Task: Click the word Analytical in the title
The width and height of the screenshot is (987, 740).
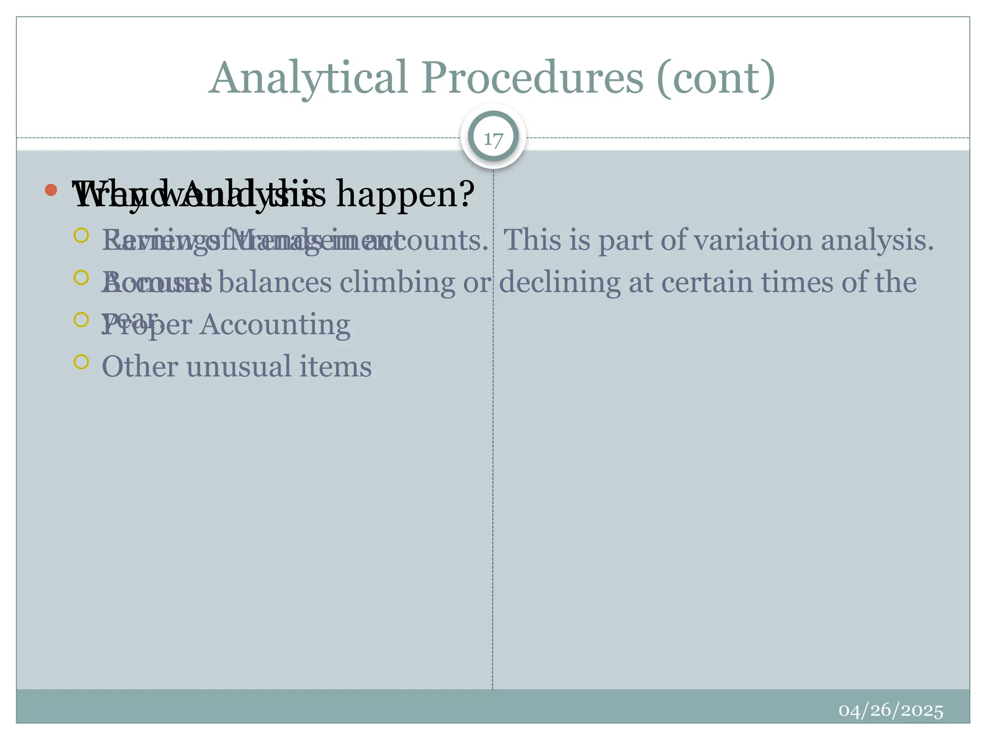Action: click(x=309, y=78)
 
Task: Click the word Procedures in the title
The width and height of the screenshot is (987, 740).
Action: click(x=533, y=78)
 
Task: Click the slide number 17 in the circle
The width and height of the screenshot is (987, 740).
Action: click(x=493, y=139)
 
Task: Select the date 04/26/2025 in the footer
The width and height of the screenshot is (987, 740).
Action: click(x=891, y=711)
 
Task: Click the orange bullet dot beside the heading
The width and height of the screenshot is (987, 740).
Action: click(x=51, y=190)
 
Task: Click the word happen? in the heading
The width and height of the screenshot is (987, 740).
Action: click(x=405, y=194)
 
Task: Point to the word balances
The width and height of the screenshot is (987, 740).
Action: click(x=275, y=282)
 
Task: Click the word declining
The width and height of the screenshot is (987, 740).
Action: click(x=559, y=282)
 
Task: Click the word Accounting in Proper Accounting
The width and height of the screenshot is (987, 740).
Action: click(x=275, y=325)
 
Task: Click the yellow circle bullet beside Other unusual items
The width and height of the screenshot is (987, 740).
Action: click(x=81, y=362)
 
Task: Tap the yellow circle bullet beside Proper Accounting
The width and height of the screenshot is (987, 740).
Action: click(x=81, y=319)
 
